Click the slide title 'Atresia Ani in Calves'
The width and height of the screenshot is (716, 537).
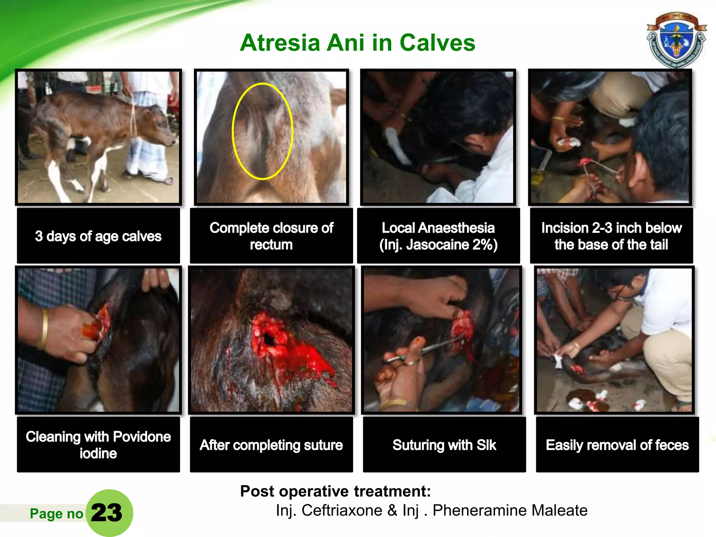tap(357, 43)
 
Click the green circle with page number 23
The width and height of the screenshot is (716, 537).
tap(109, 513)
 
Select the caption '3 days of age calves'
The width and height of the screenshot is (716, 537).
tap(98, 236)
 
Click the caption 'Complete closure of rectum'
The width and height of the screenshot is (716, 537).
tap(271, 236)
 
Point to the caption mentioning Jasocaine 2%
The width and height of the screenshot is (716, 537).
tap(438, 236)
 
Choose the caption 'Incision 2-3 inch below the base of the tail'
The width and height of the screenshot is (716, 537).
tap(611, 236)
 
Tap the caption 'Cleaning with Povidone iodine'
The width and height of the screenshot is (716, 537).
tap(98, 445)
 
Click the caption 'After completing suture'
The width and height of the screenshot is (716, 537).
tap(271, 445)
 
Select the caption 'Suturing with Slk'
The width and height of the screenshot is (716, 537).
tap(444, 445)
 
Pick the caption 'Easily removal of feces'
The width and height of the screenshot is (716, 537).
tap(617, 445)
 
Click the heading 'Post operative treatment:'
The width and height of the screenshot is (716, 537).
tap(335, 491)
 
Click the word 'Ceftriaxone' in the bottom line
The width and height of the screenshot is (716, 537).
tap(342, 510)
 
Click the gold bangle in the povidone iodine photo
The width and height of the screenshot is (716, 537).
tap(44, 329)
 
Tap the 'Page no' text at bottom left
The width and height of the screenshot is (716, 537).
tap(56, 514)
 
